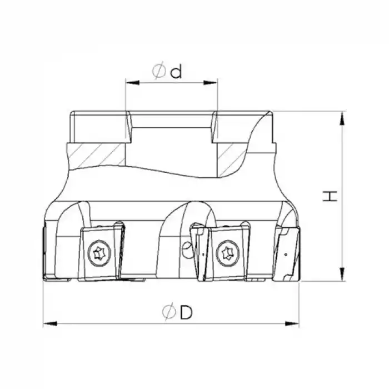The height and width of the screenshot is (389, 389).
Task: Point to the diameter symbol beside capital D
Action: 169,313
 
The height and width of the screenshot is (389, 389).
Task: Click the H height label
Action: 331,196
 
